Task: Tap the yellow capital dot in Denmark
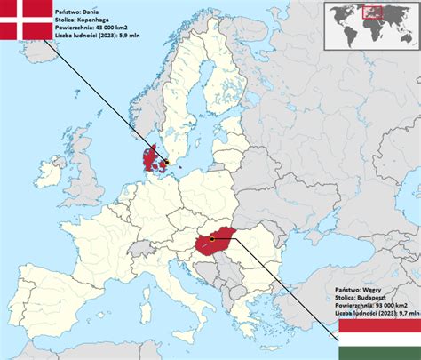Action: (x=163, y=163)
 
